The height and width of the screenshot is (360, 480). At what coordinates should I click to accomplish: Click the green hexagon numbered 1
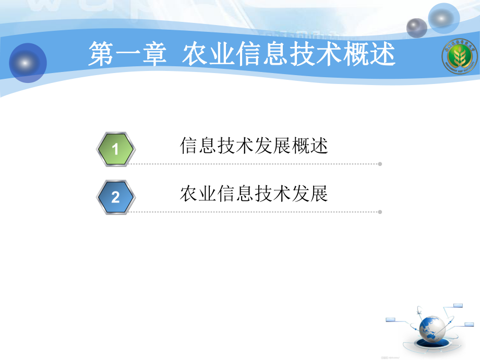116,150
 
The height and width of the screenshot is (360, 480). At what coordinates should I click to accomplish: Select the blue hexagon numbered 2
116,197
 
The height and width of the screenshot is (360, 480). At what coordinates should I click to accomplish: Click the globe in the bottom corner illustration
433,326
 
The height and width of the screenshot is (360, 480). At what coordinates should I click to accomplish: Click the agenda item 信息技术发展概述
254,146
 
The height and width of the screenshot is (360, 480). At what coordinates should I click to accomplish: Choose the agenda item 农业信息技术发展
254,194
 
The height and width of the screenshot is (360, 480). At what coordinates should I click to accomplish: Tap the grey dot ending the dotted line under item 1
380,164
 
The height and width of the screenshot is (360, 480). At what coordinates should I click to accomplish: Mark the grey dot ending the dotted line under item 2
380,212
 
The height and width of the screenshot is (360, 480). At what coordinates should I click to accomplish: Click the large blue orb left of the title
28,63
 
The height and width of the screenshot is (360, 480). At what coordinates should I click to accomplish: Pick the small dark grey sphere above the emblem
416,28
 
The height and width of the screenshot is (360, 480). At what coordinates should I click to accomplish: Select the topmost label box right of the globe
458,305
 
